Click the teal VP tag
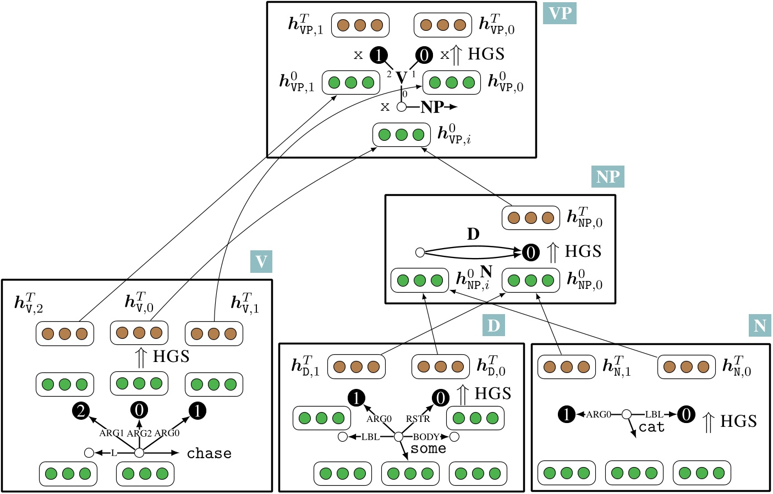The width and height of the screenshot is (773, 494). click(560, 13)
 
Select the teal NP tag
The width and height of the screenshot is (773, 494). click(608, 177)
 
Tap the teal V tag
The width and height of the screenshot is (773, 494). click(261, 262)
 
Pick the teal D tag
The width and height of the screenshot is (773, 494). click(494, 326)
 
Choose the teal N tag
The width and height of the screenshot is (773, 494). click(760, 326)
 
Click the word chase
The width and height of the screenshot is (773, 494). click(209, 453)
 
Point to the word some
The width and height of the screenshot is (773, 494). click(428, 449)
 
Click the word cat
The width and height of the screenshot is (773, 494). click(651, 427)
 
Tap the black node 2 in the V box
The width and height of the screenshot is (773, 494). click(81, 410)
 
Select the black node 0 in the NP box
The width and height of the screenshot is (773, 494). click(530, 253)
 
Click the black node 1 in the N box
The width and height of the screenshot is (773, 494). click(567, 414)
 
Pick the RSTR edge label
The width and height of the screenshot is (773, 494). click(418, 419)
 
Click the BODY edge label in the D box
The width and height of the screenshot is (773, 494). click(426, 437)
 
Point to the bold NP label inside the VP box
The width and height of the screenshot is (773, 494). click(432, 107)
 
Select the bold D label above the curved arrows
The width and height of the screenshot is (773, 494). click(473, 234)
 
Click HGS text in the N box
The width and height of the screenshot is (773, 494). click(738, 421)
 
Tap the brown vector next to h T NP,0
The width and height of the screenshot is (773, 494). click(530, 218)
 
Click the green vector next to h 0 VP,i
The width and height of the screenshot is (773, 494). click(401, 135)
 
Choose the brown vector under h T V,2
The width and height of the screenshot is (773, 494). click(65, 333)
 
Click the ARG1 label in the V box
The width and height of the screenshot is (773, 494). click(112, 433)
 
